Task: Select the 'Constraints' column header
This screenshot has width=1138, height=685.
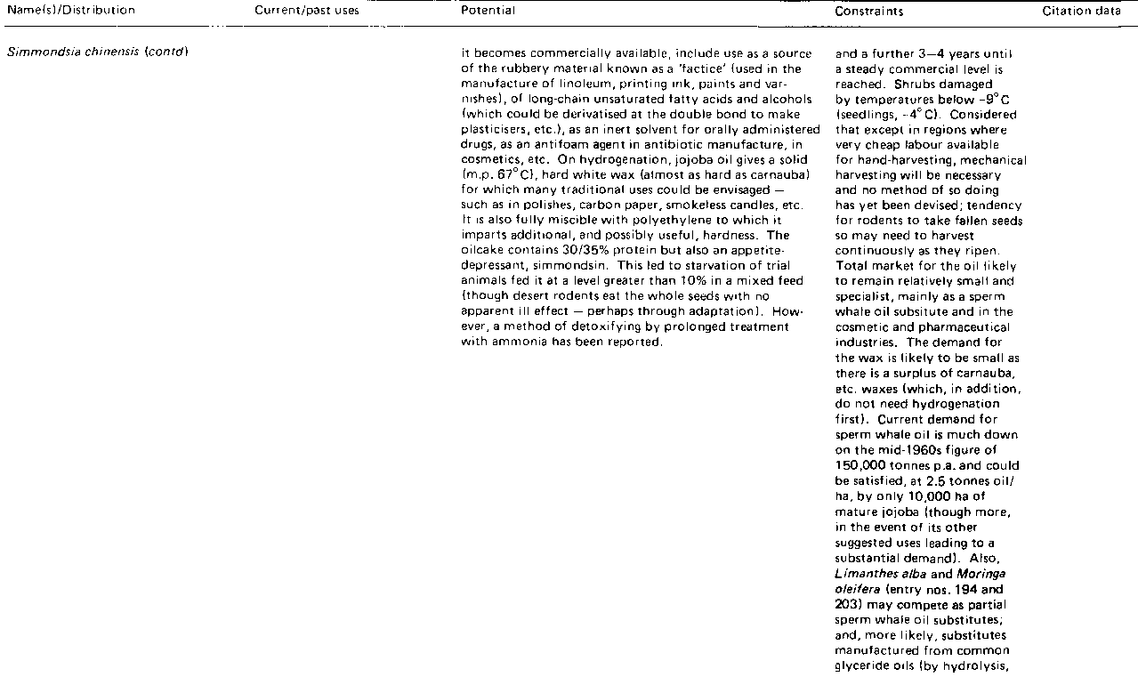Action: point(869,12)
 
